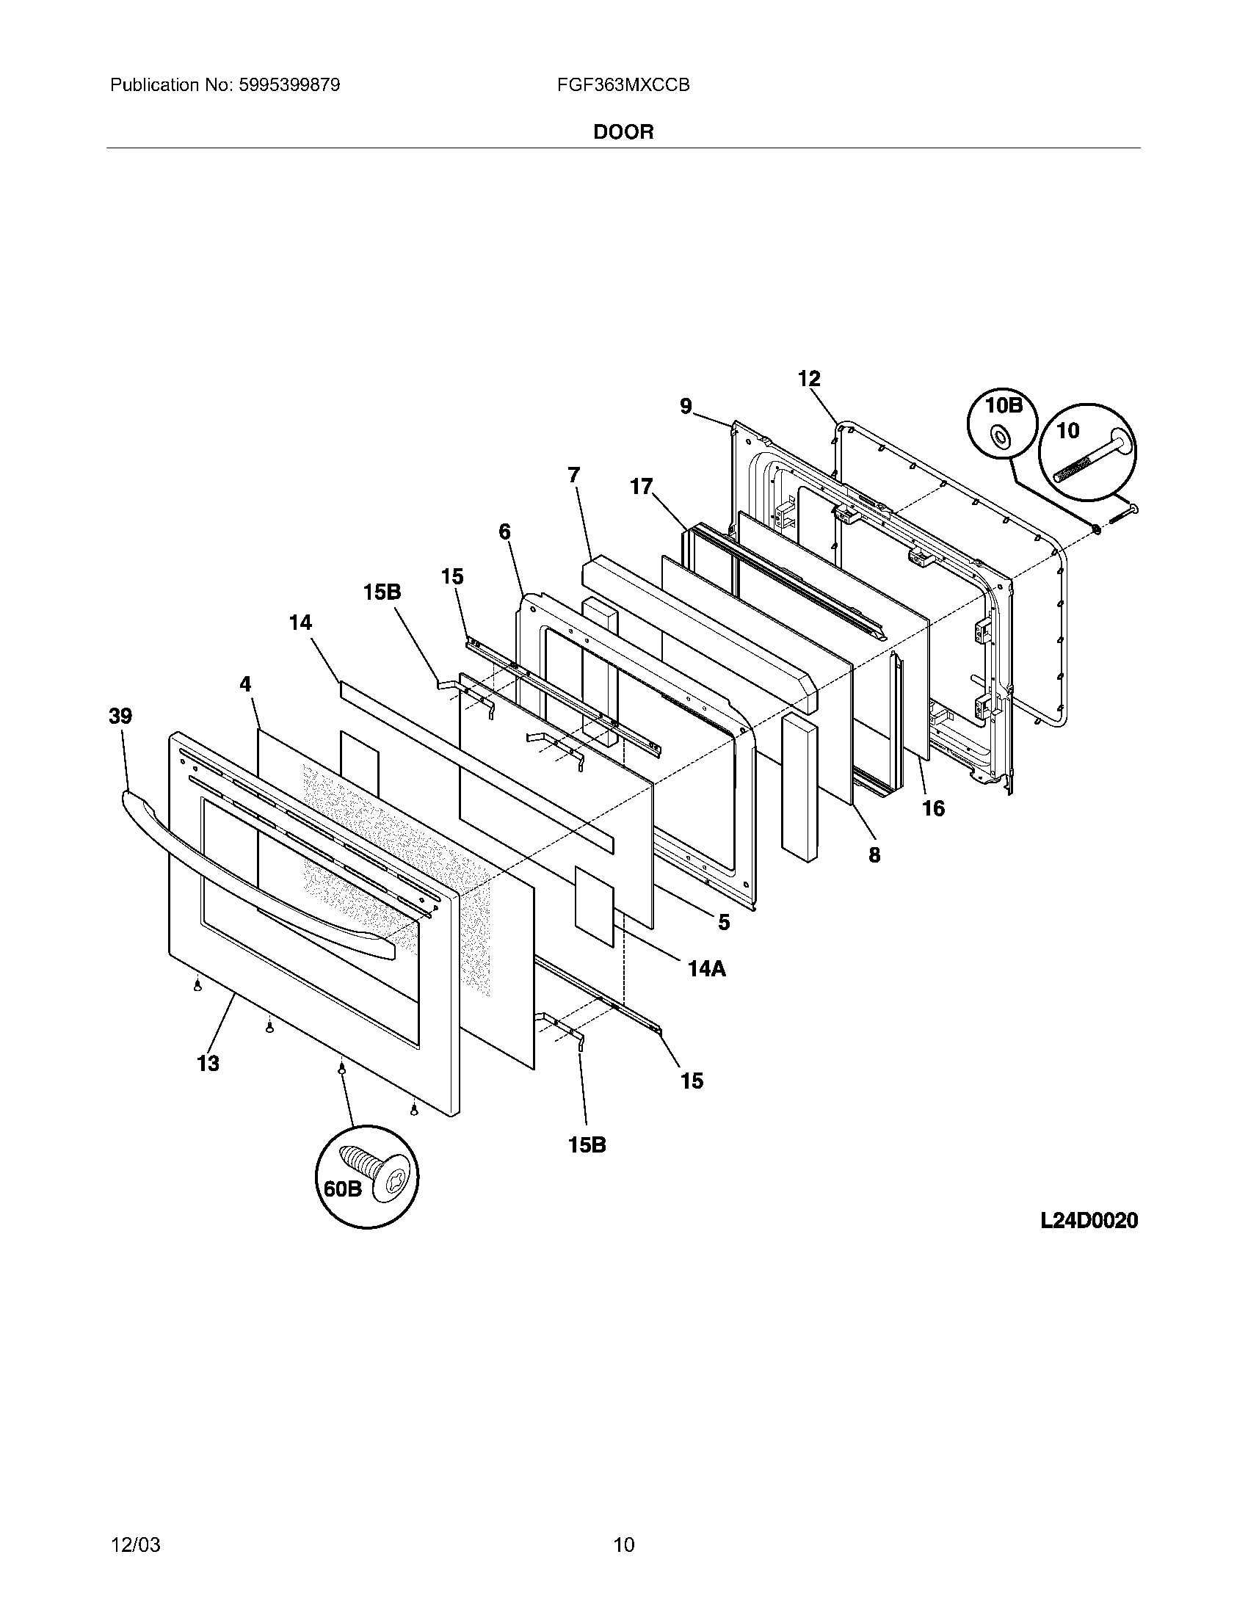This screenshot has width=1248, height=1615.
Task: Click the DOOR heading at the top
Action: (x=623, y=132)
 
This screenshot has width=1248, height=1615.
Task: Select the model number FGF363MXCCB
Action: (x=623, y=85)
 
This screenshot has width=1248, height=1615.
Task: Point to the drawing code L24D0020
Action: (x=1088, y=1221)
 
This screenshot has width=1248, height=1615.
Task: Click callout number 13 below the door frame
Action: (x=208, y=1064)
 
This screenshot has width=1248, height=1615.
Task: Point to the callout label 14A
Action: (x=706, y=968)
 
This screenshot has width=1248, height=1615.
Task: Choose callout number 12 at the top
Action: (x=809, y=379)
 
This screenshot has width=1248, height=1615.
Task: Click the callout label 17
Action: (x=641, y=487)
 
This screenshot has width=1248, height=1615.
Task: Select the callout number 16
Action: (x=933, y=808)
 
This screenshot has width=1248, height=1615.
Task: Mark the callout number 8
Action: (x=874, y=854)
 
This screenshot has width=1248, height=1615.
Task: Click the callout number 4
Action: (x=245, y=684)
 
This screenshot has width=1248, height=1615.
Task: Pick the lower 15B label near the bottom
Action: (x=587, y=1144)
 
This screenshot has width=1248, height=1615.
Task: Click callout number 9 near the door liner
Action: (x=686, y=406)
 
